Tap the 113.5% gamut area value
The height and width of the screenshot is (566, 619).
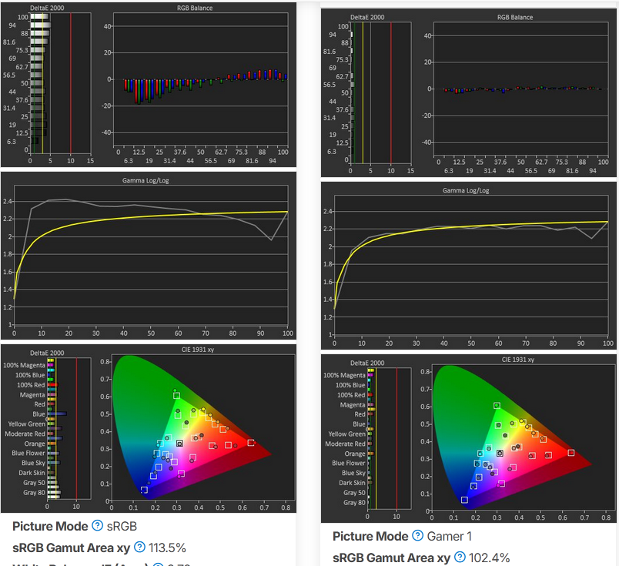(167, 548)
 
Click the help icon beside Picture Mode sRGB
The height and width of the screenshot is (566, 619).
(97, 526)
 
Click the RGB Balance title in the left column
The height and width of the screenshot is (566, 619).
(195, 8)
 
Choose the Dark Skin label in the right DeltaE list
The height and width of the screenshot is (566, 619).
(350, 483)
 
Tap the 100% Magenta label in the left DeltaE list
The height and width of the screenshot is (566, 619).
(24, 365)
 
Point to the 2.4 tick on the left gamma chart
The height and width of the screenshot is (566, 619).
(8, 202)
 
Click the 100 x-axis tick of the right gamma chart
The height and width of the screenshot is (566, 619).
(607, 342)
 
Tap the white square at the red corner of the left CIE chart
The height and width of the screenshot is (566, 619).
(251, 443)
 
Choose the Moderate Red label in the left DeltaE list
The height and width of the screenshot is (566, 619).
(25, 434)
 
